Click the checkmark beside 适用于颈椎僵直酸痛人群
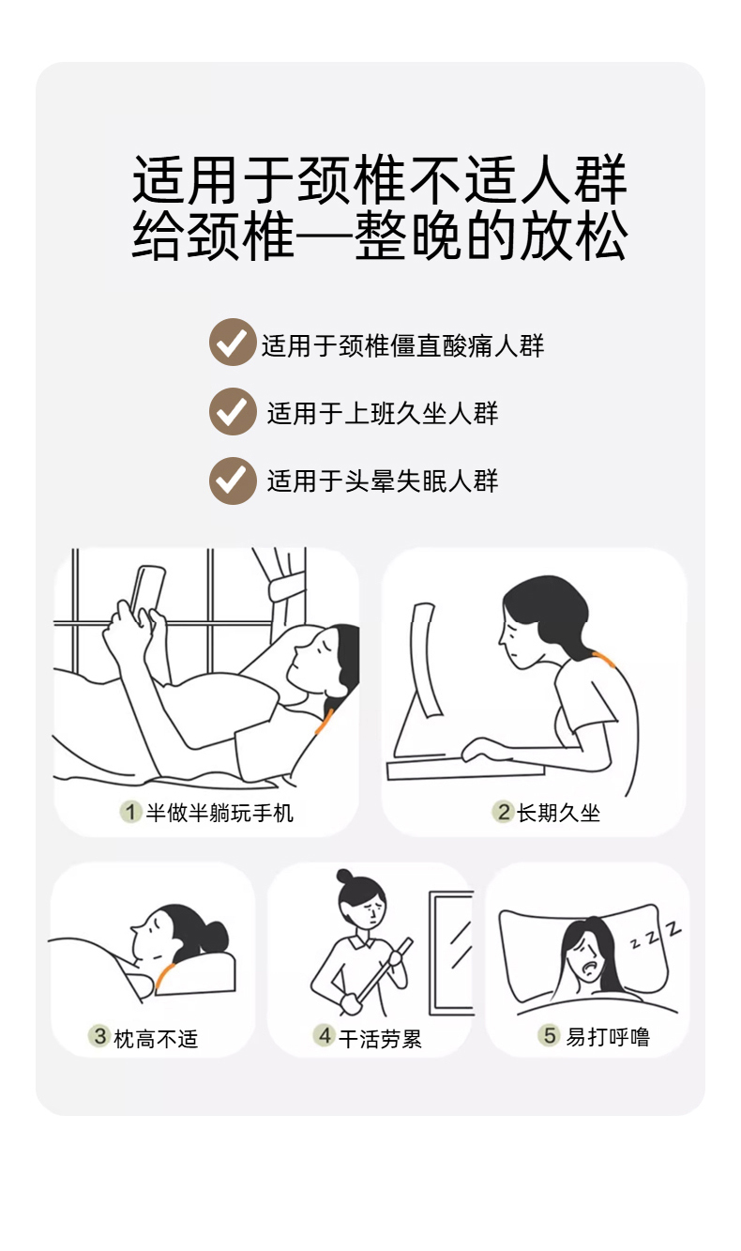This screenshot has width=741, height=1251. [x=233, y=343]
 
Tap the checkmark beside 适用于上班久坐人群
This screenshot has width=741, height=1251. [x=233, y=412]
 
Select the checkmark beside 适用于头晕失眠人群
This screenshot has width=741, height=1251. [x=233, y=481]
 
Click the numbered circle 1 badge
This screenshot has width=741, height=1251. [x=130, y=812]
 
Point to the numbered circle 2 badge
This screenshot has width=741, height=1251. [x=503, y=812]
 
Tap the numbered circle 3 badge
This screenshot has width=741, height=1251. [x=99, y=1036]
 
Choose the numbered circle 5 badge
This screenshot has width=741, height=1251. [x=549, y=1035]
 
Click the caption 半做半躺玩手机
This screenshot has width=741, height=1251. [x=219, y=813]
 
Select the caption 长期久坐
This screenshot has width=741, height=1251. [x=558, y=813]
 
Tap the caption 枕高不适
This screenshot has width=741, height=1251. [x=157, y=1039]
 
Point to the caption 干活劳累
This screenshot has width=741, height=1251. [x=380, y=1039]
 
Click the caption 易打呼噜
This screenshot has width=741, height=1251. [x=608, y=1036]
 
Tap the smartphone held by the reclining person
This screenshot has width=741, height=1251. [x=145, y=595]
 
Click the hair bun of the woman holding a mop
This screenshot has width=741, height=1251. [x=345, y=876]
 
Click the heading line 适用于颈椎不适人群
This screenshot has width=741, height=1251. [x=380, y=178]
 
